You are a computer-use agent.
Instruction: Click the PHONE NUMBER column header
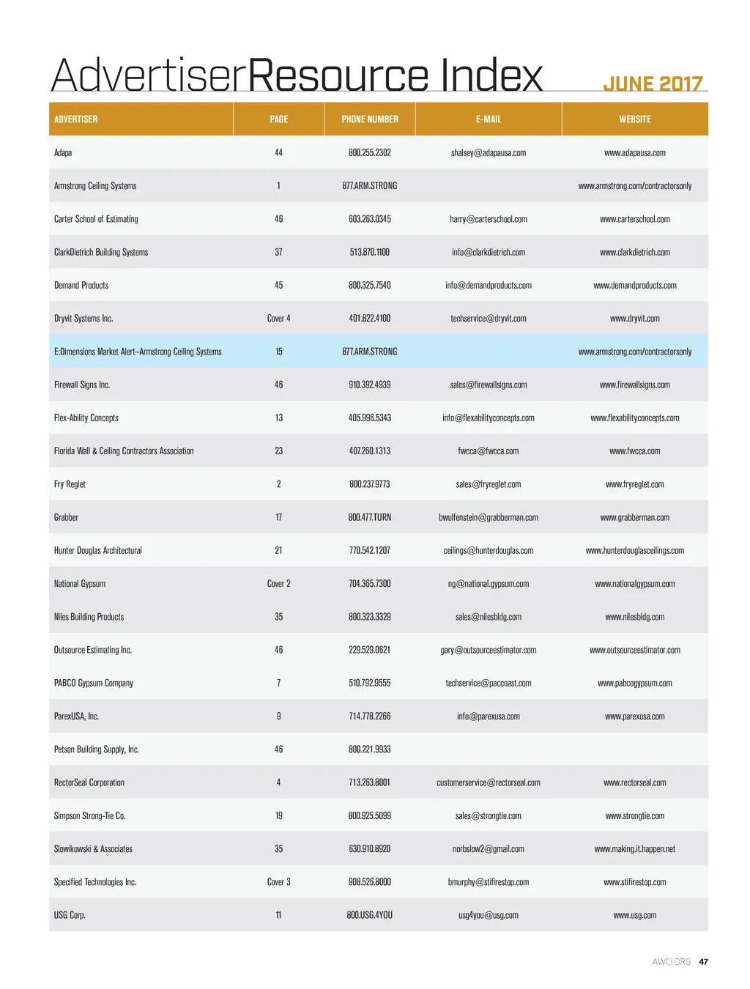coord(370,119)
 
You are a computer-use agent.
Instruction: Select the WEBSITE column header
coord(634,119)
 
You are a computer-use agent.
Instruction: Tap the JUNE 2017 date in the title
coord(653,84)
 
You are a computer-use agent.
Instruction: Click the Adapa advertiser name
coord(63,152)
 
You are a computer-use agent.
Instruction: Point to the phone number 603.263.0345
coord(370,219)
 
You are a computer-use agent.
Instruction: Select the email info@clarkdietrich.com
coord(489,252)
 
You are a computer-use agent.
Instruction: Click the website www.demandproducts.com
coord(634,285)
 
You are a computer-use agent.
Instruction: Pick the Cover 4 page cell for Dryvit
coord(278,319)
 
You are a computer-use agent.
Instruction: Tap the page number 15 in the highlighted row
coord(278,352)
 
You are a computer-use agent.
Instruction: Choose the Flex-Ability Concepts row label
coord(86,418)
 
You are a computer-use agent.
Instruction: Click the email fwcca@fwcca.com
coord(489,451)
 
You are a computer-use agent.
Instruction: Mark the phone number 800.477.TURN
coord(370,517)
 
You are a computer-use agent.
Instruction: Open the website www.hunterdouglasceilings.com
coord(634,550)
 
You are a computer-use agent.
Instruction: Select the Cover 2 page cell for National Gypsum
coord(278,584)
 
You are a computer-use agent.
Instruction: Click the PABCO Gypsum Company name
coord(94,683)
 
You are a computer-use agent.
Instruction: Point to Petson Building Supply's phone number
coord(370,749)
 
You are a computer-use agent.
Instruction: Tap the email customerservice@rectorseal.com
coord(489,782)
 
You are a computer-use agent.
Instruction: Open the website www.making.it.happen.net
coord(634,849)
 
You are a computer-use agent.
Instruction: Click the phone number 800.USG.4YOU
coord(370,915)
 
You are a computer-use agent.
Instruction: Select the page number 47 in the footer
coord(703,962)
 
